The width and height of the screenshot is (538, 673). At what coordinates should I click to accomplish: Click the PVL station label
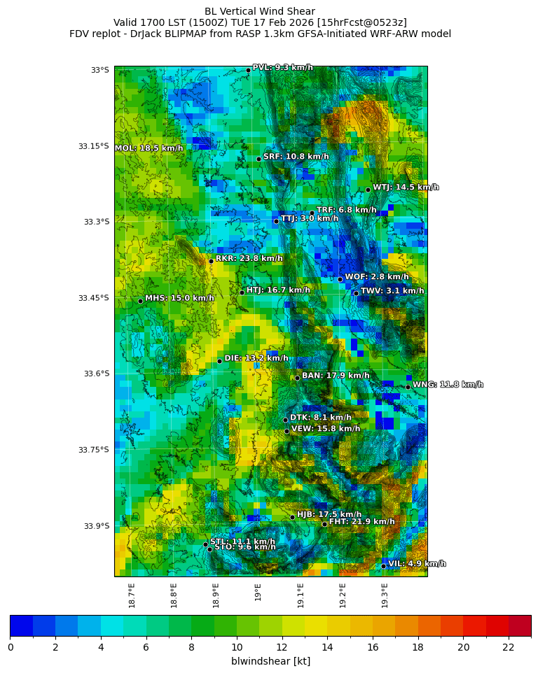[282, 67]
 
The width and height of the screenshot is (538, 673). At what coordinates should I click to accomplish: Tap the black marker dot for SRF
[258, 159]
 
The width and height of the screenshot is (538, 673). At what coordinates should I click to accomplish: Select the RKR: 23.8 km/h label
[249, 258]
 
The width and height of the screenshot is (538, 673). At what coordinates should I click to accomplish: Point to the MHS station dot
[140, 301]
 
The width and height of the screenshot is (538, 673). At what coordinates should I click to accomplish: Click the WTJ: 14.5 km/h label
[406, 187]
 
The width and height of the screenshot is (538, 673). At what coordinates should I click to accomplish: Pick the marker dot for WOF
[340, 279]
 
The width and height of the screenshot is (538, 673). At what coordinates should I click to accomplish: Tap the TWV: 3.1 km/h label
[392, 290]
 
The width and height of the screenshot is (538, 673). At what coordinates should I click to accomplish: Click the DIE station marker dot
[219, 361]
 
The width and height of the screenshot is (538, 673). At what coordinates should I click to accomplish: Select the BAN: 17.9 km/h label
[335, 376]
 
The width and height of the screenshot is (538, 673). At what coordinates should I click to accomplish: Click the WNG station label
[448, 384]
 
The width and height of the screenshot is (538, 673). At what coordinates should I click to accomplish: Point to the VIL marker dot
[383, 566]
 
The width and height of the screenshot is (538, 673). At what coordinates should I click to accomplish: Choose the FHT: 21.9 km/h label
[361, 521]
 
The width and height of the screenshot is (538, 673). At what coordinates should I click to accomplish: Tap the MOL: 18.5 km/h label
[149, 148]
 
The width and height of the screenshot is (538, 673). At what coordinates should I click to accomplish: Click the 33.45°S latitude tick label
[93, 298]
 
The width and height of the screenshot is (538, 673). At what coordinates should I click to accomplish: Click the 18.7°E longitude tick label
[132, 595]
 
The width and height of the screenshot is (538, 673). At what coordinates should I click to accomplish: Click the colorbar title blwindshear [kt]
[270, 661]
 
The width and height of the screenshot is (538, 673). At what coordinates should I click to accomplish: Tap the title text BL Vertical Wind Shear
[260, 11]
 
